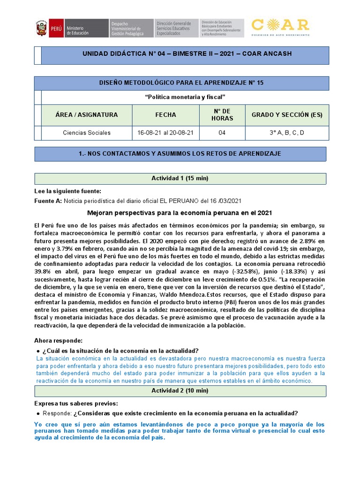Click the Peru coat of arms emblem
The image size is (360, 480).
click(42, 29)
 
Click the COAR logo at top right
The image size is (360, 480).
click(280, 27)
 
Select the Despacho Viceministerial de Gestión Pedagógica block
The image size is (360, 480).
click(131, 29)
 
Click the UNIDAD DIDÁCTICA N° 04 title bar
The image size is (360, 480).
click(187, 54)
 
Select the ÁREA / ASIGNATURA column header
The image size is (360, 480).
click(87, 115)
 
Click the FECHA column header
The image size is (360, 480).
click(165, 115)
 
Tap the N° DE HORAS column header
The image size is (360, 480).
click(222, 115)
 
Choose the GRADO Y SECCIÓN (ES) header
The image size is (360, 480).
click(287, 115)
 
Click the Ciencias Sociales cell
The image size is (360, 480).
click(87, 133)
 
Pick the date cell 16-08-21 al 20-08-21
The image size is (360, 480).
click(165, 133)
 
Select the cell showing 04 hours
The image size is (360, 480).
click(222, 133)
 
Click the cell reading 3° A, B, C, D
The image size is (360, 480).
click(287, 133)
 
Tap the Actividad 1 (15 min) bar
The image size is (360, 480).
click(180, 179)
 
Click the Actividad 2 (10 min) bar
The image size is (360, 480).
click(180, 390)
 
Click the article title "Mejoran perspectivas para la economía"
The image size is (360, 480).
click(180, 212)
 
